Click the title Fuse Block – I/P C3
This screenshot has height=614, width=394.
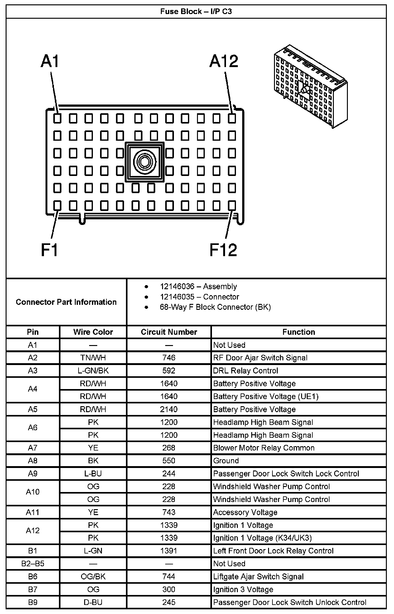click(196, 12)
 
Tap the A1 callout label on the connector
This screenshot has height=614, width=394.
click(50, 61)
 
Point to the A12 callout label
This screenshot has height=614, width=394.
click(224, 61)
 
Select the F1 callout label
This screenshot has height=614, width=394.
click(50, 250)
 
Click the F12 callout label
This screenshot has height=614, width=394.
click(223, 250)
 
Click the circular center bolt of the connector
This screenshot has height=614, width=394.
click(144, 162)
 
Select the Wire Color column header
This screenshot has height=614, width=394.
click(93, 332)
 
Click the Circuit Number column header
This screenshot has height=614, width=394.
click(169, 332)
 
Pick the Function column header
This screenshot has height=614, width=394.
click(299, 332)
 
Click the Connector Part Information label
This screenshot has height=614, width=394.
click(66, 302)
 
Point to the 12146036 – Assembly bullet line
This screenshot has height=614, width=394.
click(198, 286)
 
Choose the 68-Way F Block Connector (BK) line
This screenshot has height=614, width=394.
click(215, 307)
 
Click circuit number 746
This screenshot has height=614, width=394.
click(169, 358)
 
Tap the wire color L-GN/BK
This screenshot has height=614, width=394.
click(93, 371)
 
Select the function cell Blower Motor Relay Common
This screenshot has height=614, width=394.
click(264, 448)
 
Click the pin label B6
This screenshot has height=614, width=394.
click(33, 577)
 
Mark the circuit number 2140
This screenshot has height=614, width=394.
click(169, 409)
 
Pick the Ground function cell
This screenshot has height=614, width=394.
click(226, 461)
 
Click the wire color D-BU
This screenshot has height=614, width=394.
click(93, 602)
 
